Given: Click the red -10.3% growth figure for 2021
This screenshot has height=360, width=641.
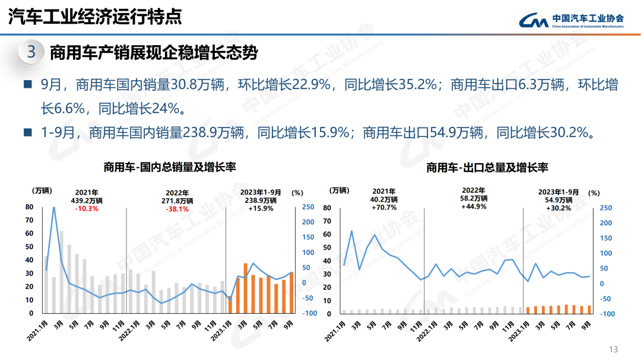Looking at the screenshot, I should click(x=87, y=209).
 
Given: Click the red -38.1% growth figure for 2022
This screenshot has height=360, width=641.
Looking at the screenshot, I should click(x=177, y=209).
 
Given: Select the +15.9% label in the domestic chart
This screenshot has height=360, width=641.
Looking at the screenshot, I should click(x=261, y=209).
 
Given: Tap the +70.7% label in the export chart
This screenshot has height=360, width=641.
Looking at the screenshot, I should click(x=383, y=208).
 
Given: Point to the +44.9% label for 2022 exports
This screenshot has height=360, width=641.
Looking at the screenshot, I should click(x=474, y=206).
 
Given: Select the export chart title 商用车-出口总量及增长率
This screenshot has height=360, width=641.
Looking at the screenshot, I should click(x=487, y=168).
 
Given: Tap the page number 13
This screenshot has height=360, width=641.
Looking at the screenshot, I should click(x=614, y=349).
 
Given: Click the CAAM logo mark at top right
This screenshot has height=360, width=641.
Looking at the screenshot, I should click(x=533, y=20).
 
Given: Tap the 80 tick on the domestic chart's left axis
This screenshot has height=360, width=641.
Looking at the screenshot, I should click(x=29, y=207).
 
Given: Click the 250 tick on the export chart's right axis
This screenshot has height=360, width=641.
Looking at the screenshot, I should click(x=605, y=208).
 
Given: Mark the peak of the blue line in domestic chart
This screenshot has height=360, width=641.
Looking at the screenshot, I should click(x=54, y=208).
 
